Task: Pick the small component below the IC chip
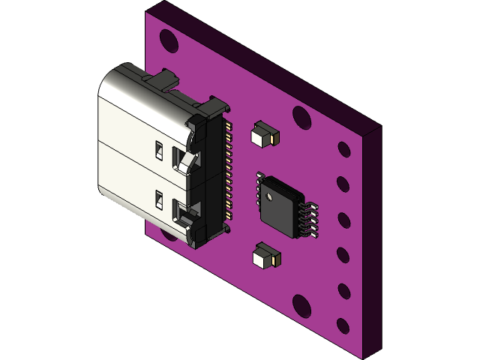(266, 256)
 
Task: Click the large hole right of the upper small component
(301, 118)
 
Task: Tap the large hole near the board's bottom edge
(301, 305)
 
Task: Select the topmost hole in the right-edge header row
(343, 149)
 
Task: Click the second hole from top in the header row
(343, 184)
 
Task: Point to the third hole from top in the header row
(343, 220)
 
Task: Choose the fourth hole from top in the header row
(343, 255)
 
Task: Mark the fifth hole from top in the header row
(343, 290)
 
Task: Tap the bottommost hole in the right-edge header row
(343, 325)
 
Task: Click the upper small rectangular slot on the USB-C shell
(159, 149)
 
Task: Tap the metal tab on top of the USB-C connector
(163, 77)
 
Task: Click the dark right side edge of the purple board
(373, 240)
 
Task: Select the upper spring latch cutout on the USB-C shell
(182, 160)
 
